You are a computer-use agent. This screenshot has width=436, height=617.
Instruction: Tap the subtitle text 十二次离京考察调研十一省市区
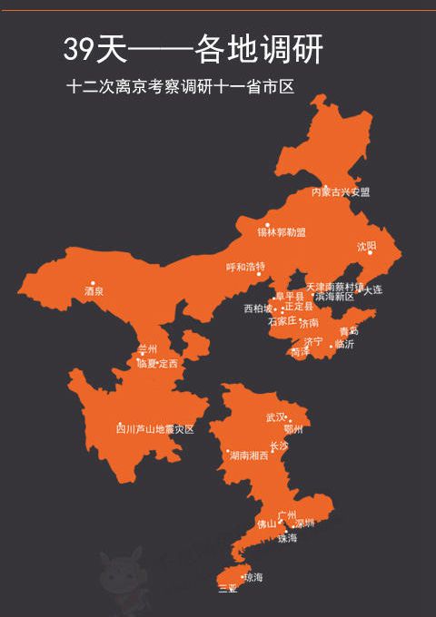[183, 88]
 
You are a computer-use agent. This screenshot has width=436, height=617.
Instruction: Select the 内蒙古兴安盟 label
[341, 192]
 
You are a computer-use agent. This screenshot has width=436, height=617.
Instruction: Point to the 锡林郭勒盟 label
[281, 232]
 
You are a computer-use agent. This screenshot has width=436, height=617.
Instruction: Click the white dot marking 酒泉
[93, 283]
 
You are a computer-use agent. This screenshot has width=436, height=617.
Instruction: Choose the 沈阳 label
[366, 246]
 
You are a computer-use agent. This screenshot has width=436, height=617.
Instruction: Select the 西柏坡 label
[257, 308]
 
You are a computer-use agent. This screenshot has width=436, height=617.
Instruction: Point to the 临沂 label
[344, 345]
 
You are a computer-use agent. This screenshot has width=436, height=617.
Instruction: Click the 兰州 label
[147, 349]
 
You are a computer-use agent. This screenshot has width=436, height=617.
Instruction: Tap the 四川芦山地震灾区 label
[155, 429]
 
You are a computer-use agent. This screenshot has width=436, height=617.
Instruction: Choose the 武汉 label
[275, 418]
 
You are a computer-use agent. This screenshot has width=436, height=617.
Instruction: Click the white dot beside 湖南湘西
[228, 451]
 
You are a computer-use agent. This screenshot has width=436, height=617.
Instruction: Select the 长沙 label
[278, 446]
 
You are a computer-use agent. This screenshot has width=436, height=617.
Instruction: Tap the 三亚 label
[227, 589]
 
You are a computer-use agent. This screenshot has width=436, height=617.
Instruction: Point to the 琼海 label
[253, 577]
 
